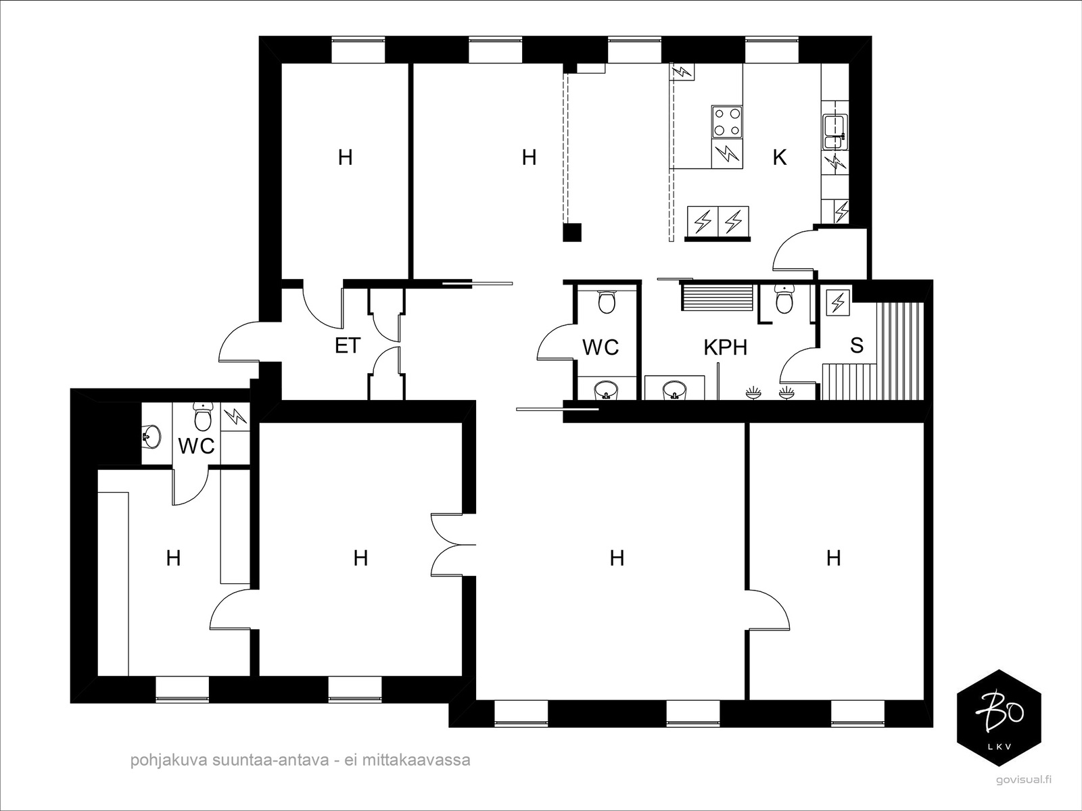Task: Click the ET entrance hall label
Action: click(348, 345)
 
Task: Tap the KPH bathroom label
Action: click(725, 347)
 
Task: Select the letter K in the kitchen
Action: click(779, 157)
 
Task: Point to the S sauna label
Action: click(857, 345)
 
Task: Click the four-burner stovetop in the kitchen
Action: click(727, 122)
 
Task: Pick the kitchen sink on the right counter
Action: click(835, 132)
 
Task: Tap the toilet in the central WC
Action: click(607, 301)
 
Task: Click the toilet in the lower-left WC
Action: click(202, 416)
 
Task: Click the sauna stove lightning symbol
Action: click(837, 302)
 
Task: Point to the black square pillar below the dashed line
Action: click(572, 232)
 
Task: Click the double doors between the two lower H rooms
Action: click(452, 545)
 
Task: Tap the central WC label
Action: click(601, 347)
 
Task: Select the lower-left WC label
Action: click(196, 446)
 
